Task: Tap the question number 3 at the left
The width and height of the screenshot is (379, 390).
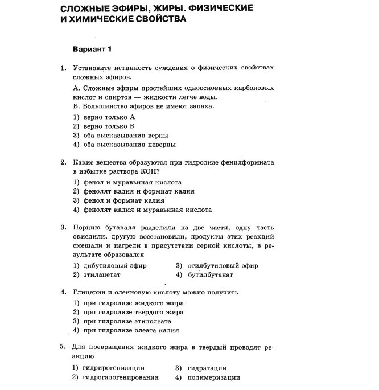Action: coord(63,227)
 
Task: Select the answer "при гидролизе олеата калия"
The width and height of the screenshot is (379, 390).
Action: coord(131,330)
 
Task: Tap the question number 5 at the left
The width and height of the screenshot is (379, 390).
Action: coord(63,346)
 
